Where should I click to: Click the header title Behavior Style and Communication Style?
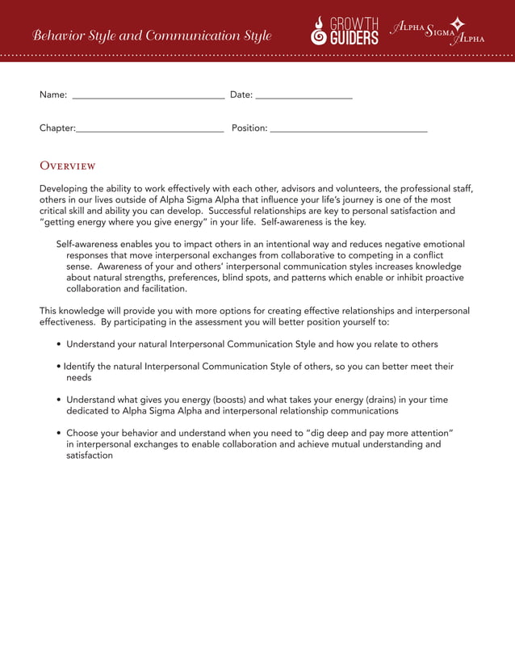(152, 36)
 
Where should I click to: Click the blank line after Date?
(304, 96)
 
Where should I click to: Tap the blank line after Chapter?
(149, 129)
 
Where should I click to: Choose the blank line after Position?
(349, 129)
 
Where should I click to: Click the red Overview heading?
(68, 166)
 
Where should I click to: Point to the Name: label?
(53, 95)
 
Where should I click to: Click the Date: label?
(241, 95)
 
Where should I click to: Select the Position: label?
(249, 128)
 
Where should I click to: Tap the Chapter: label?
(57, 128)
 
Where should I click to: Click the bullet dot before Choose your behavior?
(60, 433)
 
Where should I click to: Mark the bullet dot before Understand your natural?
(60, 344)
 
